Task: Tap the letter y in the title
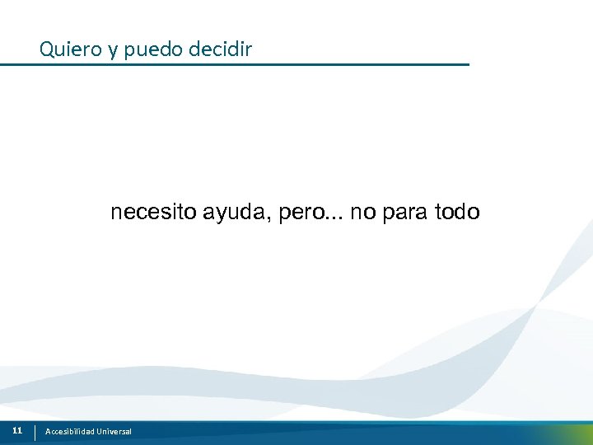111,51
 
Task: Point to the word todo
457,213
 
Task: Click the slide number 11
17,431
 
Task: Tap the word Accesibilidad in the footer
69,432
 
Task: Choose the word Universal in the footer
114,432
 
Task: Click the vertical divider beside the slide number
35,432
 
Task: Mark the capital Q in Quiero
46,49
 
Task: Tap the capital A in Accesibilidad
48,432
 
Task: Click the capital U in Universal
99,432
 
